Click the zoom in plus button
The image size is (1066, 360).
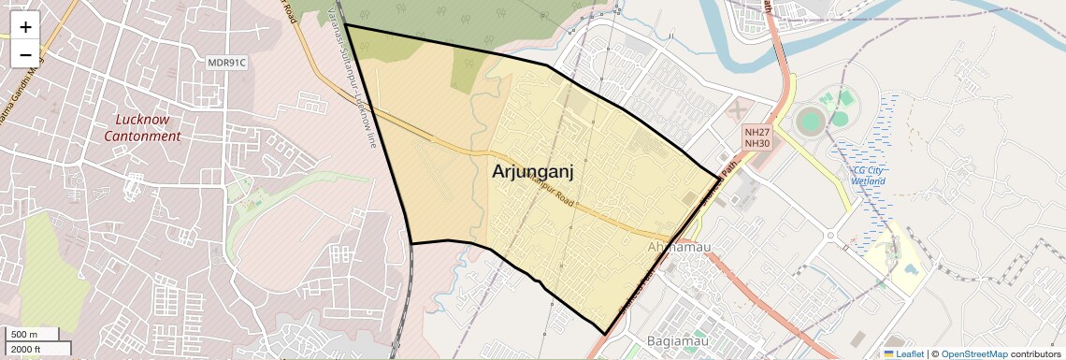(25, 27)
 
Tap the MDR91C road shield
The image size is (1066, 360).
(226, 63)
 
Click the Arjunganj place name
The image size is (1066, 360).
(532, 171)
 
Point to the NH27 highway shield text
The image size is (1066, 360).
(756, 133)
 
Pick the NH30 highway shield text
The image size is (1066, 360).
(756, 144)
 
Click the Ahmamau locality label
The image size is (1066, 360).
(679, 247)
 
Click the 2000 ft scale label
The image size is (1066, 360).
(26, 349)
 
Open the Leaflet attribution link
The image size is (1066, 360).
(903, 353)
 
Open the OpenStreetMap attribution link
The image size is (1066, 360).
(973, 353)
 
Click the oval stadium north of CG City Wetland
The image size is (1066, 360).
(811, 121)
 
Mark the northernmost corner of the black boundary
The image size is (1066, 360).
(346, 26)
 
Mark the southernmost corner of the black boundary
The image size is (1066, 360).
(605, 334)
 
